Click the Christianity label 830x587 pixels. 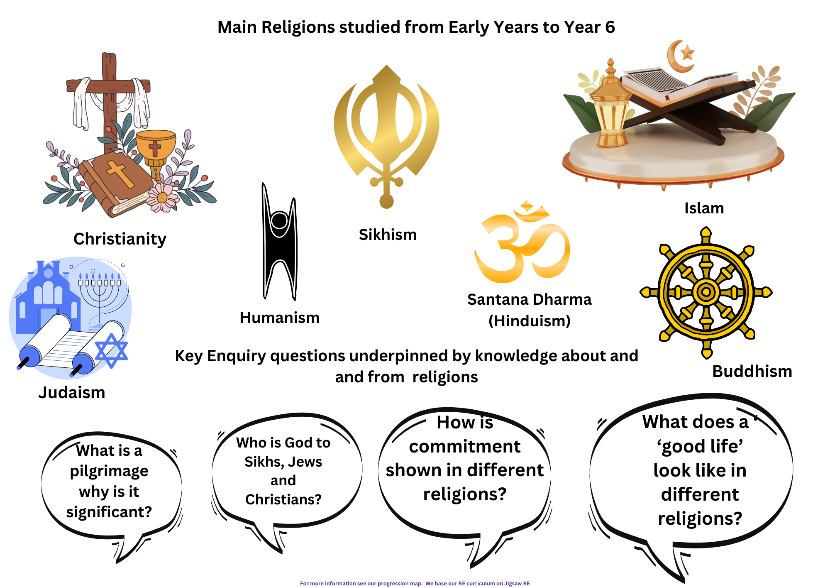coord(120,239)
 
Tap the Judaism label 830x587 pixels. coord(72,392)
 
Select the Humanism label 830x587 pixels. coord(280,318)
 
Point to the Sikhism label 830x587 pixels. coord(388,235)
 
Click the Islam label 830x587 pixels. coord(704,208)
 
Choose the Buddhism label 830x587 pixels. coord(752,371)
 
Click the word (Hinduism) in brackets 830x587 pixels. coord(530,321)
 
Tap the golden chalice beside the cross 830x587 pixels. coord(156,154)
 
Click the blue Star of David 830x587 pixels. coord(111,351)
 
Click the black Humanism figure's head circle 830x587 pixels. coord(279,220)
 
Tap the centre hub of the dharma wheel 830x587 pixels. coord(706,292)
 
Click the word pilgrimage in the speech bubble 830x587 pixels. coord(109,471)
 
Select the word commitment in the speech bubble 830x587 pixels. coord(464,446)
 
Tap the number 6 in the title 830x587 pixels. coord(610,27)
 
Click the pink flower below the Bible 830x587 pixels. coord(162,197)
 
